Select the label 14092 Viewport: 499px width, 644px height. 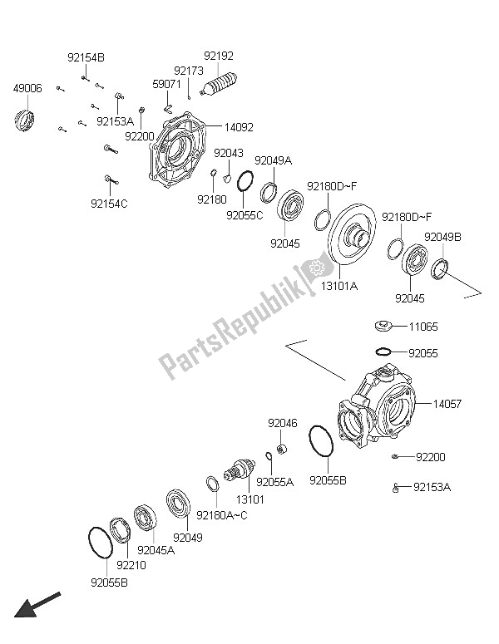(x=238, y=128)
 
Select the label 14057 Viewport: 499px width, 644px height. (x=449, y=405)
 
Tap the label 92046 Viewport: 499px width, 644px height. (x=282, y=423)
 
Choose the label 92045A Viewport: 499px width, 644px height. (x=156, y=550)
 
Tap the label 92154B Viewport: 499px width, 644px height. (x=86, y=57)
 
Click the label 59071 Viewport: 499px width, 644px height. (x=167, y=84)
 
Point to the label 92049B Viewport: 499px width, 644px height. (x=441, y=237)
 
